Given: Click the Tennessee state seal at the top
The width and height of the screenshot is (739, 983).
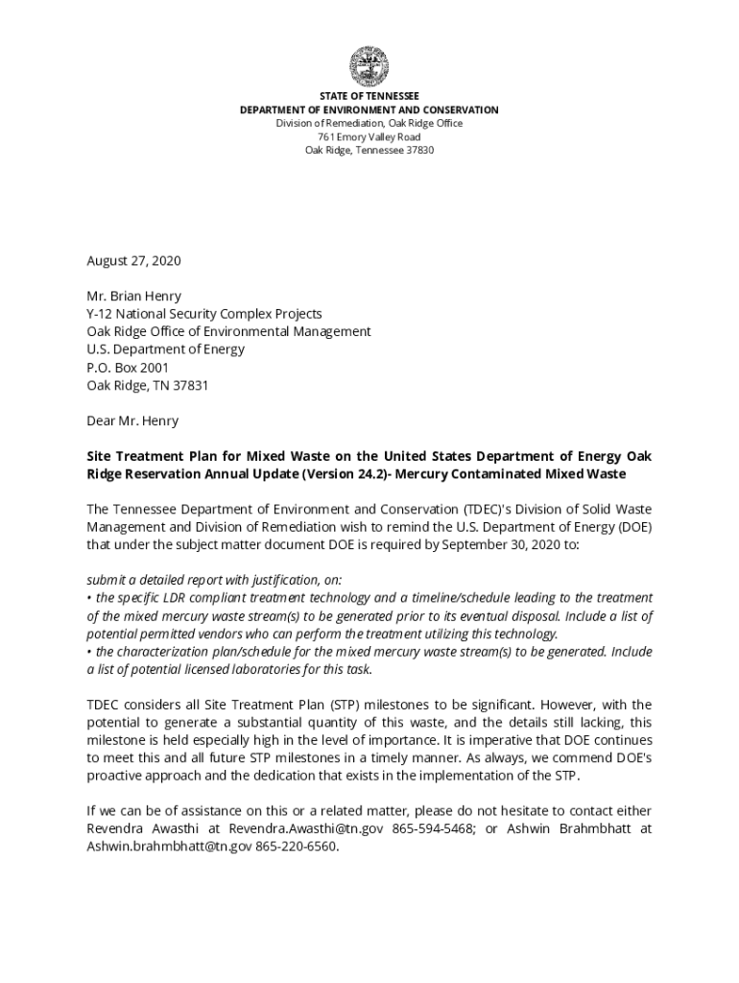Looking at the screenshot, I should click(369, 67).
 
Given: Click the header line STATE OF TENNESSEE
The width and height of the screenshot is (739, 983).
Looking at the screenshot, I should click(369, 97).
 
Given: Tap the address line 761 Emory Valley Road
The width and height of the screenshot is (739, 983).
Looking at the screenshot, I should click(369, 137).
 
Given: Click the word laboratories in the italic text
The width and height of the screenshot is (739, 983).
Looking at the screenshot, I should click(249, 669).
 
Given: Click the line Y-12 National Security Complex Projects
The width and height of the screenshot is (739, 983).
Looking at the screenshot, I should click(204, 314).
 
